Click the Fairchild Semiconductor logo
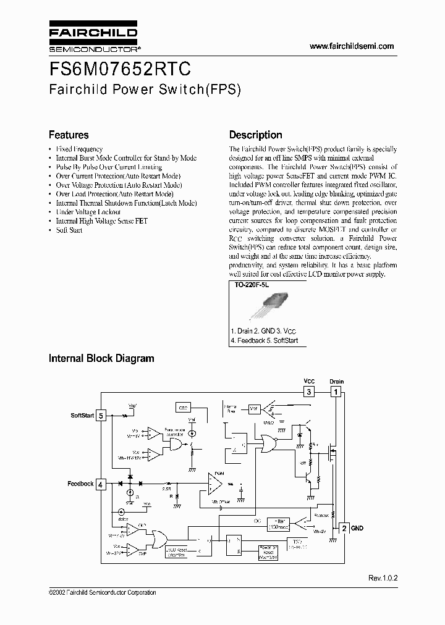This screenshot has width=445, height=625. click(x=93, y=38)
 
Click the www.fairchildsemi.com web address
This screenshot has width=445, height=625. click(x=351, y=46)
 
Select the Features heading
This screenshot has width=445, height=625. click(x=69, y=135)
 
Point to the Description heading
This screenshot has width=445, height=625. click(x=255, y=135)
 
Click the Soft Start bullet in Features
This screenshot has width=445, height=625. click(x=69, y=230)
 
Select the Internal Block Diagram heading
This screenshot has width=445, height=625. click(x=101, y=358)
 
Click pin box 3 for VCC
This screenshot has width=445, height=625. click(x=308, y=392)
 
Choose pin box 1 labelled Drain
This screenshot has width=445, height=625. click(x=336, y=392)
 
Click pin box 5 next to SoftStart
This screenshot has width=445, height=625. click(x=101, y=416)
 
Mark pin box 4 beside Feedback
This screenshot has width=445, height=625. click(x=101, y=484)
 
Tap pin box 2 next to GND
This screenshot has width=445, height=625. click(x=344, y=528)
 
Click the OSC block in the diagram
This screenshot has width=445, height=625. click(x=184, y=408)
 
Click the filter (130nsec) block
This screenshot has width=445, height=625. click(x=279, y=524)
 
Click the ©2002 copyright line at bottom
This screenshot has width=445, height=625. click(x=102, y=593)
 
